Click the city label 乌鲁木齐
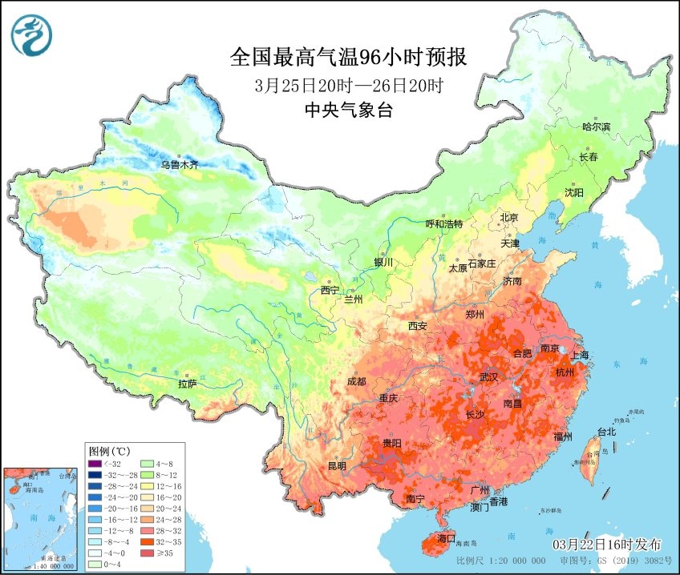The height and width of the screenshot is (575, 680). [x=178, y=166]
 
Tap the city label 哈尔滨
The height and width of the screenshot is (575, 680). [x=596, y=127]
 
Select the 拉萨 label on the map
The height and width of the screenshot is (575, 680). [x=188, y=384]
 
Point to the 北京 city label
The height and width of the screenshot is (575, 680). [x=510, y=218]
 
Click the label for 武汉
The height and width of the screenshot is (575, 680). [x=488, y=376]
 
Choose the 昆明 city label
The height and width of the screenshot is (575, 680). [x=337, y=466]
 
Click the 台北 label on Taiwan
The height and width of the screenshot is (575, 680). [x=607, y=432]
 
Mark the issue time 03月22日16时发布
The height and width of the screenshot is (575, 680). [x=607, y=544]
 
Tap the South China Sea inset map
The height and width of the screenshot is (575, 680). [x=42, y=520]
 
